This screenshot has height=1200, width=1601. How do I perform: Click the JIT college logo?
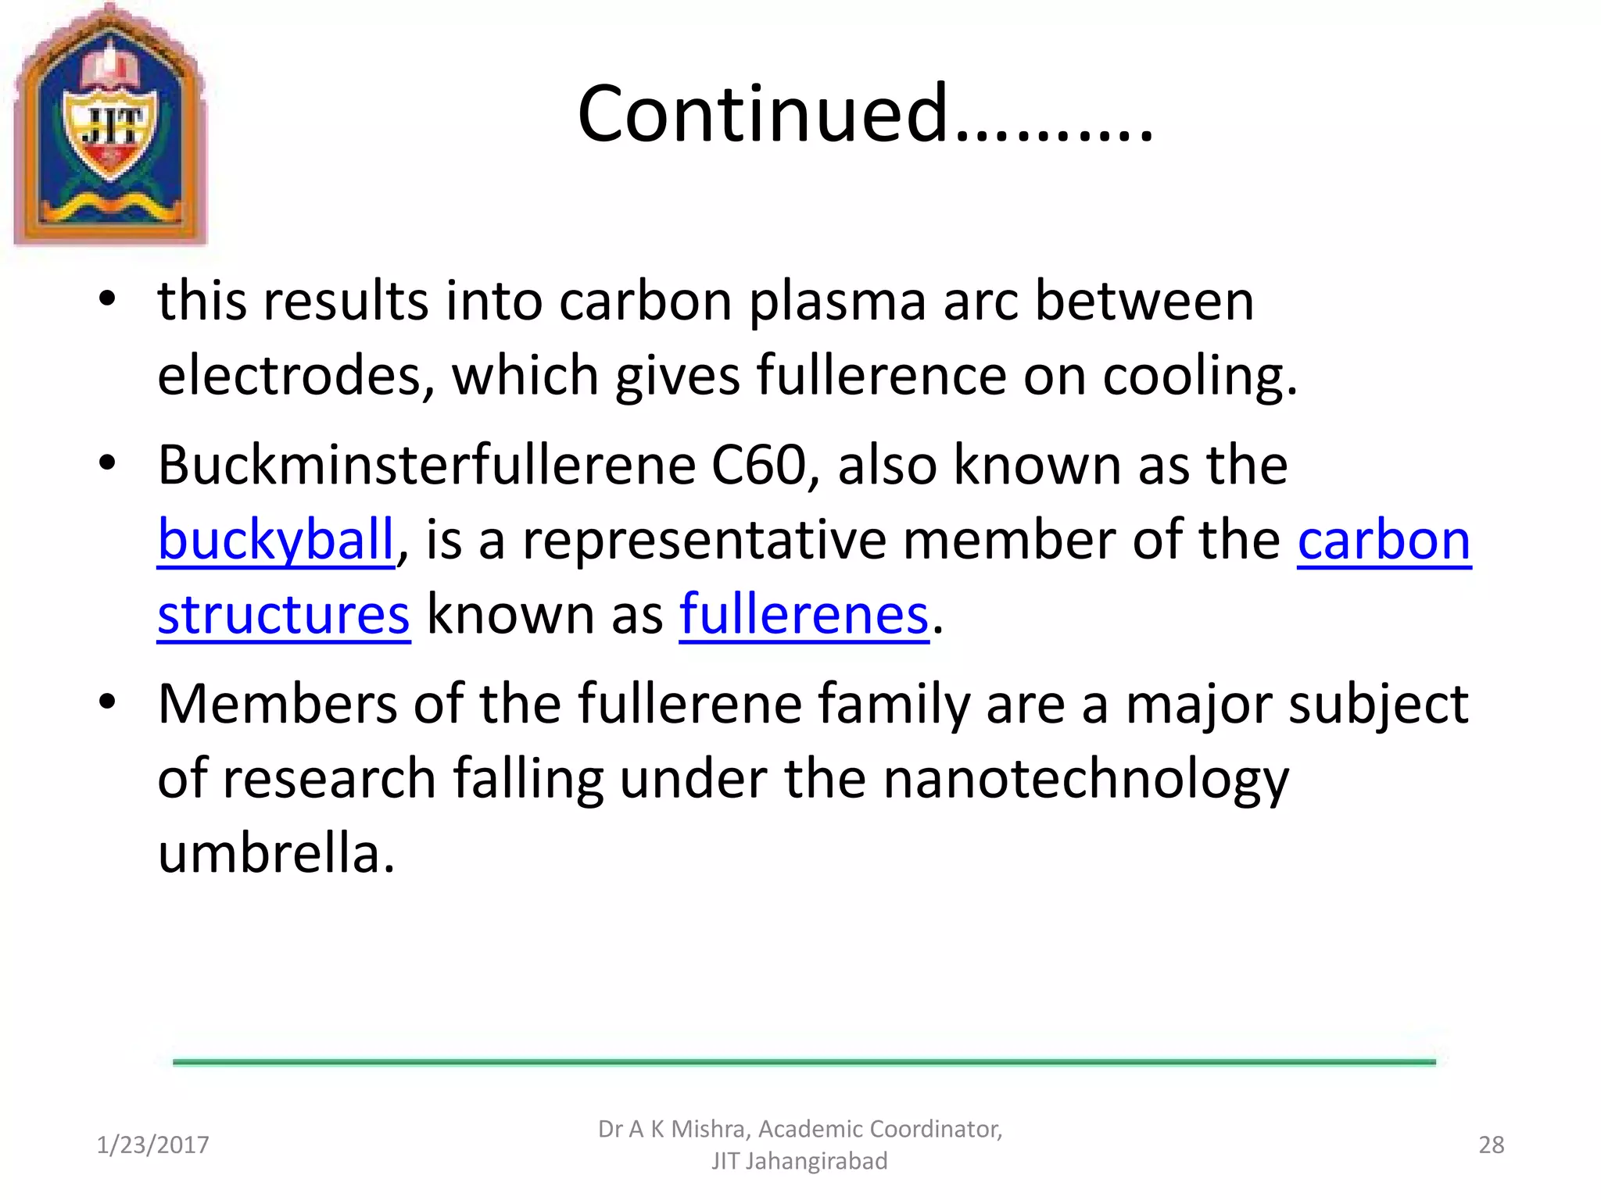tap(110, 125)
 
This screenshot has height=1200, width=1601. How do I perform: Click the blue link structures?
tap(283, 614)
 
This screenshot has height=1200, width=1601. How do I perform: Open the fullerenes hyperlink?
tap(804, 614)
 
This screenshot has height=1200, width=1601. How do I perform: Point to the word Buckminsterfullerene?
tap(427, 465)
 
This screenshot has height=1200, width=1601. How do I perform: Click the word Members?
tap(278, 704)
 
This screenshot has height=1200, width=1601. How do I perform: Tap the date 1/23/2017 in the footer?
tap(152, 1145)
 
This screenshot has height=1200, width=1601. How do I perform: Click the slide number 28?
tap(1491, 1145)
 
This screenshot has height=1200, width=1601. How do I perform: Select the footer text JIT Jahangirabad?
tap(799, 1161)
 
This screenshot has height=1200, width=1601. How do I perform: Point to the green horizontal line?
tap(804, 1062)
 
